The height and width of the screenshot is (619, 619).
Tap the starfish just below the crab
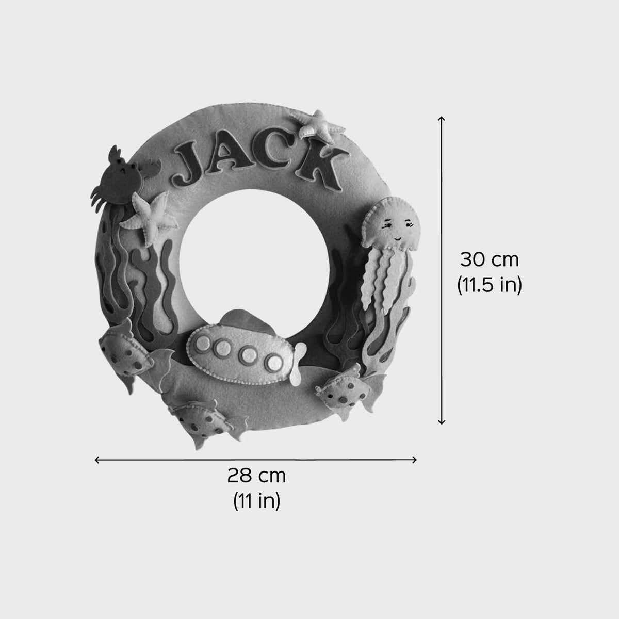[150, 216]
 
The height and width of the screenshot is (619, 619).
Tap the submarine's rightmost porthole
[274, 362]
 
